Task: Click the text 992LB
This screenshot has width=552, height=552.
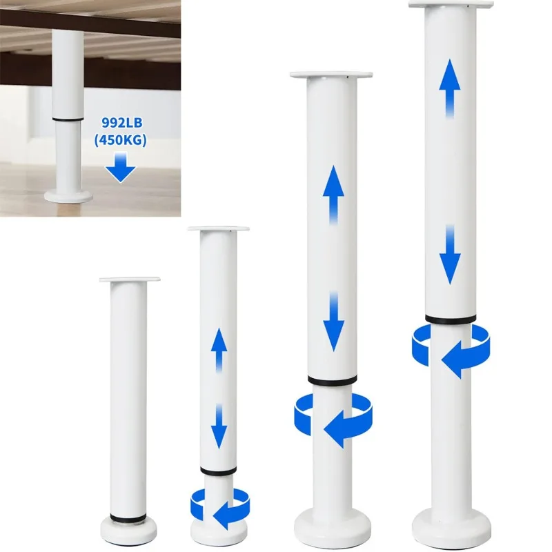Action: pos(121,126)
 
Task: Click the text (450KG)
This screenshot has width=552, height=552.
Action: pos(121,144)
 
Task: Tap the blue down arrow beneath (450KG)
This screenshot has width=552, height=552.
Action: pos(121,168)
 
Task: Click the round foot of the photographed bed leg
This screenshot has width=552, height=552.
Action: pos(68,195)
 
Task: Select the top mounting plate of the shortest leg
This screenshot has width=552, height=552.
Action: pos(130,279)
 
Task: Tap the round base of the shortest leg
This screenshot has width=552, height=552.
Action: pos(130,530)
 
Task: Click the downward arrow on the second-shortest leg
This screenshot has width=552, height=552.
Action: pos(219,426)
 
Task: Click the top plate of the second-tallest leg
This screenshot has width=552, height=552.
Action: pos(333,73)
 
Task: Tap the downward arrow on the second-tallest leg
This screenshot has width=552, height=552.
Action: pos(333,321)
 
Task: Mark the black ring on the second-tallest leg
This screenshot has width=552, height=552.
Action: pos(333,380)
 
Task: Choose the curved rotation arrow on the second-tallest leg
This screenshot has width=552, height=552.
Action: pos(333,420)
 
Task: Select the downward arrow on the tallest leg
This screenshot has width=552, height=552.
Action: pos(449,254)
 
